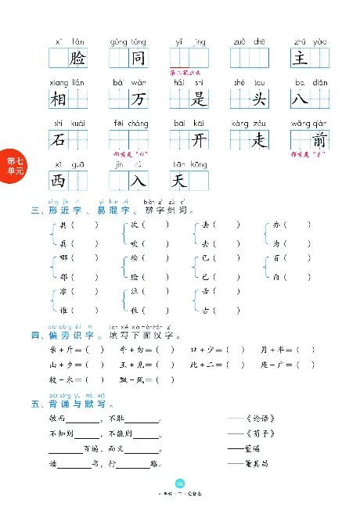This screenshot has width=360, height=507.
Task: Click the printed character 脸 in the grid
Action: click(77, 58)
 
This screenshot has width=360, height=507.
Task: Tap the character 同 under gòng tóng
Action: click(138, 58)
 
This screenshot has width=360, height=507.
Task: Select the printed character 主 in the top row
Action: click(301, 58)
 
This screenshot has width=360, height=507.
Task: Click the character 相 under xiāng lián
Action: click(59, 99)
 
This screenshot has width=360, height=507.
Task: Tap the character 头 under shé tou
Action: click(259, 99)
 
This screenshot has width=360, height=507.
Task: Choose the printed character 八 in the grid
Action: click(301, 99)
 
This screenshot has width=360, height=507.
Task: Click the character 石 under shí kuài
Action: click(59, 140)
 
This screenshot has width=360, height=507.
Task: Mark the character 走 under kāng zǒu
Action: click(259, 140)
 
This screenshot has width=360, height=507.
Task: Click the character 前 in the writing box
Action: click(319, 140)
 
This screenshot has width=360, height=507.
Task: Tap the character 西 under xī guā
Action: click(59, 181)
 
